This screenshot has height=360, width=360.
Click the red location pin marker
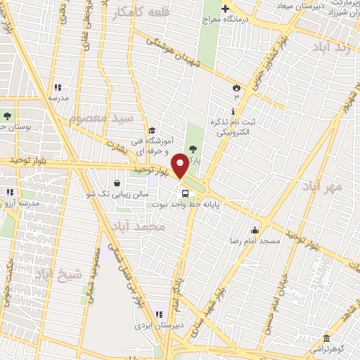pyautogui.click(x=180, y=165)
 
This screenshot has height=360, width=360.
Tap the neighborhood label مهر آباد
pyautogui.click(x=323, y=186)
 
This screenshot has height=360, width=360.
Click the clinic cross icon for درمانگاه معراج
pyautogui.click(x=225, y=10)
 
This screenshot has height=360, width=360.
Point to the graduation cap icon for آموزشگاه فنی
pyautogui.click(x=152, y=130)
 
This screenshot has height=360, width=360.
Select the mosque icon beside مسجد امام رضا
pyautogui.click(x=255, y=230)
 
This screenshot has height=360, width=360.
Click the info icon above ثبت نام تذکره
pyautogui.click(x=233, y=112)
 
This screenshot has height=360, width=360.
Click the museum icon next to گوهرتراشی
pyautogui.click(x=326, y=337)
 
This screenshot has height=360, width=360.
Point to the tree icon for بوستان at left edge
pyautogui.click(x=7, y=115)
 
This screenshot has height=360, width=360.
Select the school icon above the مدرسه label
pyautogui.click(x=58, y=89)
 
